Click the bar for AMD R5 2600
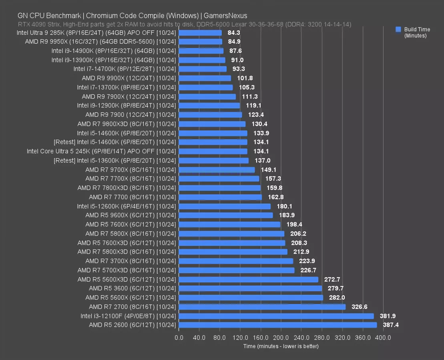pyautogui.click(x=278, y=325)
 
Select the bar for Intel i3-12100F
pyautogui.click(x=276, y=316)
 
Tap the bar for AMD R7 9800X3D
pyautogui.click(x=212, y=124)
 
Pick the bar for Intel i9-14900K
pyautogui.click(x=201, y=51)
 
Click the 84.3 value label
pyautogui.click(x=234, y=33)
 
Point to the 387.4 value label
pyautogui.click(x=391, y=325)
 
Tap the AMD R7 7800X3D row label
pyautogui.click(x=127, y=188)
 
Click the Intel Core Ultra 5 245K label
pyautogui.click(x=101, y=151)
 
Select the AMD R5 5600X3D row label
pyautogui.click(x=127, y=279)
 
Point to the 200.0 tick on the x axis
pyautogui.click(x=281, y=338)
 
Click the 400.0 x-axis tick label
pyautogui.click(x=383, y=338)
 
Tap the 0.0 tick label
pyautogui.click(x=179, y=338)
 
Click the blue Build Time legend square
pyautogui.click(x=398, y=29)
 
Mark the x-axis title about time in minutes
pyautogui.click(x=281, y=346)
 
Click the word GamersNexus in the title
pyautogui.click(x=225, y=16)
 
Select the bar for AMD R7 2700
pyautogui.click(x=262, y=307)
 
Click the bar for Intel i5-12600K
pyautogui.click(x=225, y=206)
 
